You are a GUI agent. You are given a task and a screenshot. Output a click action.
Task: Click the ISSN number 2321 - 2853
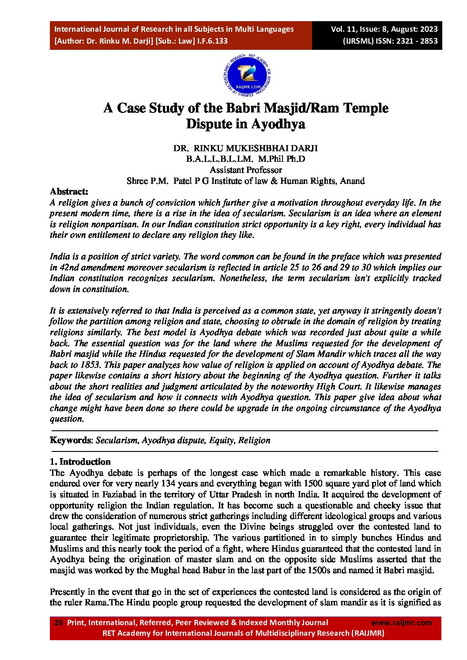pyautogui.click(x=414, y=41)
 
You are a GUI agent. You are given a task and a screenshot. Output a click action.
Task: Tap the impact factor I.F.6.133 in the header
pyautogui.click(x=211, y=41)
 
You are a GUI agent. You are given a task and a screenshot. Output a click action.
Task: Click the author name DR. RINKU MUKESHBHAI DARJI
pyautogui.click(x=245, y=148)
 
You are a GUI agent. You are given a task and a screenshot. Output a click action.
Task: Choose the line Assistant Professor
pyautogui.click(x=245, y=170)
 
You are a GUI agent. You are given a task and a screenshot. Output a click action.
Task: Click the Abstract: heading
pyautogui.click(x=69, y=191)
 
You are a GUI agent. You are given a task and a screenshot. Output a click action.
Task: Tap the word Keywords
pyautogui.click(x=71, y=440)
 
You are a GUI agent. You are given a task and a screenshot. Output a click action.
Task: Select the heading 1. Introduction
pyautogui.click(x=80, y=462)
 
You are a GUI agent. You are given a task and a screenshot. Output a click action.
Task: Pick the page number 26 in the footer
pyautogui.click(x=58, y=623)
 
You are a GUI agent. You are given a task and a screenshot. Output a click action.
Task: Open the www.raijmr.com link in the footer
pyautogui.click(x=401, y=623)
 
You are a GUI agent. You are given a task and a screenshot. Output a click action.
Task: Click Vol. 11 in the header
pyautogui.click(x=344, y=29)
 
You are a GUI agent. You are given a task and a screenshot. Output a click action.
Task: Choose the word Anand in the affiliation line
pyautogui.click(x=352, y=181)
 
